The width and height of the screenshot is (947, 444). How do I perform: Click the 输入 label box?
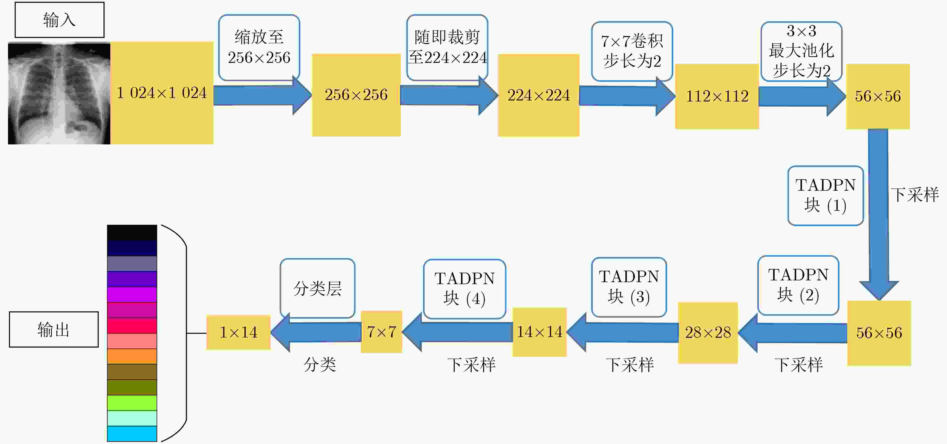(60, 20)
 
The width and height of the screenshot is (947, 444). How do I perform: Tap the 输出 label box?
(54, 329)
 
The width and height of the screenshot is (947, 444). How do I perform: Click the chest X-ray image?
(59, 93)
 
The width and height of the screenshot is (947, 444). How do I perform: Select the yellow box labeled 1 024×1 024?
(162, 93)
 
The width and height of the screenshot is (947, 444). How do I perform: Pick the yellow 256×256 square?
(356, 95)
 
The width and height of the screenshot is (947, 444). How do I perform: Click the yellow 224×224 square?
(539, 95)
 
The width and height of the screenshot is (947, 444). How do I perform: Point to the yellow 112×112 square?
(717, 96)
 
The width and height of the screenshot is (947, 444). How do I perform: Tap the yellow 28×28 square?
(708, 333)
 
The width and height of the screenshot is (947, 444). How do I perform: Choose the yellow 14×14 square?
(539, 332)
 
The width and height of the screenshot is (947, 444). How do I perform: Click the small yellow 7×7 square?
(381, 332)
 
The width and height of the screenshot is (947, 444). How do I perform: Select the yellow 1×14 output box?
(238, 332)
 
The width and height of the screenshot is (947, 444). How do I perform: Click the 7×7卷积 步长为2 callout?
(632, 51)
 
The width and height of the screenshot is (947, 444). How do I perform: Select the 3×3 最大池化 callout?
(801, 51)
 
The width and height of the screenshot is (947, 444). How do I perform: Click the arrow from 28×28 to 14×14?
(622, 332)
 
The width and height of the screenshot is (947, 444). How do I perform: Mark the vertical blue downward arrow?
(879, 214)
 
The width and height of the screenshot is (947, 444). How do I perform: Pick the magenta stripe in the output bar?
(132, 295)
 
